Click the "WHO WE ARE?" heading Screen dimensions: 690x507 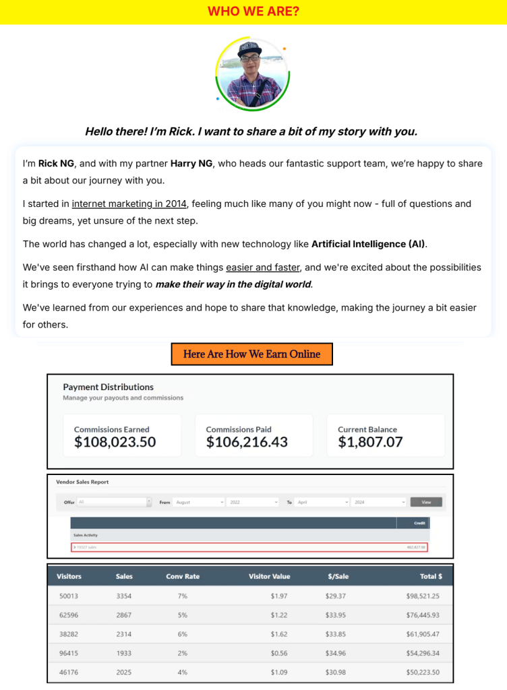(253, 11)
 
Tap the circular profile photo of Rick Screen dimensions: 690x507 (253, 74)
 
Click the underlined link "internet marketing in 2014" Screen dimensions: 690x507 (130, 203)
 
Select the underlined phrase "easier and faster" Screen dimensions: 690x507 (263, 267)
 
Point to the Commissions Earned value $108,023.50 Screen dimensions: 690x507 (115, 442)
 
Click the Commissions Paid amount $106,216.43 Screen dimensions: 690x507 (247, 442)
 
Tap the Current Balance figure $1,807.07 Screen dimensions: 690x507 (370, 442)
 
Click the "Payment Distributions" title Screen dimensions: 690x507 (108, 387)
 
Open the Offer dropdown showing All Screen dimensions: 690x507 (115, 502)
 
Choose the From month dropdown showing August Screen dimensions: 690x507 (199, 502)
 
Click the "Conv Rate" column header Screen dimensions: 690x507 (183, 576)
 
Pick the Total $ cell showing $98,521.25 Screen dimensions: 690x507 (419, 596)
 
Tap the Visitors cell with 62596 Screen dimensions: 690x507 (67, 615)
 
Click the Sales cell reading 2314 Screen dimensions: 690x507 (124, 634)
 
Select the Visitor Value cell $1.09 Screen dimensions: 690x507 (279, 672)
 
